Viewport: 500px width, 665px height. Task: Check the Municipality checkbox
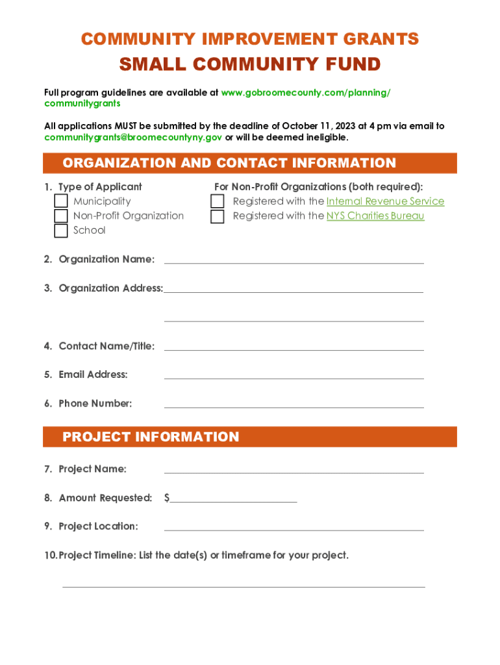click(61, 201)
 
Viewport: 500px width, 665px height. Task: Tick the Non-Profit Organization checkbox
click(61, 216)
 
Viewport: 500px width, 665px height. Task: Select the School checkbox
click(61, 231)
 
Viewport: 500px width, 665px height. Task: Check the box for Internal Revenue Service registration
click(218, 202)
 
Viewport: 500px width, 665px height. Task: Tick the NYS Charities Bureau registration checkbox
click(218, 216)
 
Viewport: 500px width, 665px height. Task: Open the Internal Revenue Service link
click(385, 201)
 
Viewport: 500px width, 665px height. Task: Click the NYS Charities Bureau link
click(375, 216)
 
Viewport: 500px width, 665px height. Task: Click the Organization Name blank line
click(294, 259)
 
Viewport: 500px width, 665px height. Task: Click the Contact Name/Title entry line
click(294, 346)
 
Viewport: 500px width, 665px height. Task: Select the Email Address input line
click(294, 375)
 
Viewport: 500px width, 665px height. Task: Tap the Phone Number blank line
click(294, 403)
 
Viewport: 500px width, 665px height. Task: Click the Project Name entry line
click(294, 469)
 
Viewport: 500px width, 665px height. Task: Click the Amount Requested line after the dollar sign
click(234, 498)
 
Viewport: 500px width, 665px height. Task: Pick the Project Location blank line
click(294, 526)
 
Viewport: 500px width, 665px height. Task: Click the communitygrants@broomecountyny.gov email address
click(133, 138)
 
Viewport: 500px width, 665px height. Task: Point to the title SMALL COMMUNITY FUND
click(250, 64)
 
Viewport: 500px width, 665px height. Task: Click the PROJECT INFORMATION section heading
click(151, 437)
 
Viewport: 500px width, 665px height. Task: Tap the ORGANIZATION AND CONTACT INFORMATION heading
click(229, 163)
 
